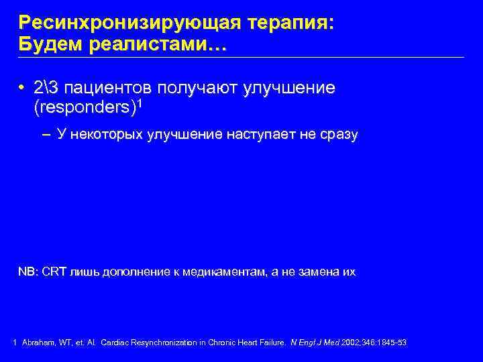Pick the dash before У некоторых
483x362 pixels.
tap(46, 135)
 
